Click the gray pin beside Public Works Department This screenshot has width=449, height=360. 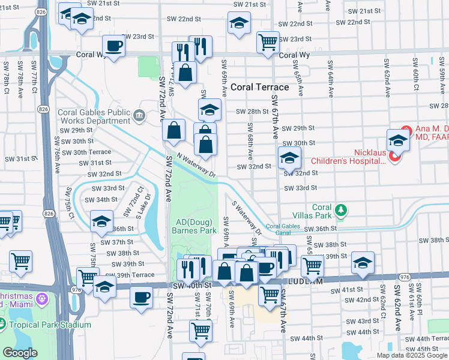[x=139, y=115]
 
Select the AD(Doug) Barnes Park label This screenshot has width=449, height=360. [x=194, y=226]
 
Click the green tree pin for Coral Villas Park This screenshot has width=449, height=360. [x=341, y=209]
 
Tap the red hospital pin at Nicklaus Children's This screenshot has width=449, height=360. [x=395, y=157]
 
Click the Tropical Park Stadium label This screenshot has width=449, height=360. [x=49, y=325]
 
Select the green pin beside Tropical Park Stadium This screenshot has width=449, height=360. [x=3, y=326]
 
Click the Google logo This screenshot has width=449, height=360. [x=20, y=353]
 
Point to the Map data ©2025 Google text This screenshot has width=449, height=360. [x=412, y=355]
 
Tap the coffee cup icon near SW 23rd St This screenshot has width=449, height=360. [x=113, y=46]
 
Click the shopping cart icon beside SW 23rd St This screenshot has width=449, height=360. [x=268, y=41]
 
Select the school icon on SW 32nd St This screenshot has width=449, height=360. [x=289, y=158]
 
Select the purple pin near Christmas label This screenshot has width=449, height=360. [x=41, y=298]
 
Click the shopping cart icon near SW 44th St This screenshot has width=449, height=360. [x=200, y=329]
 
